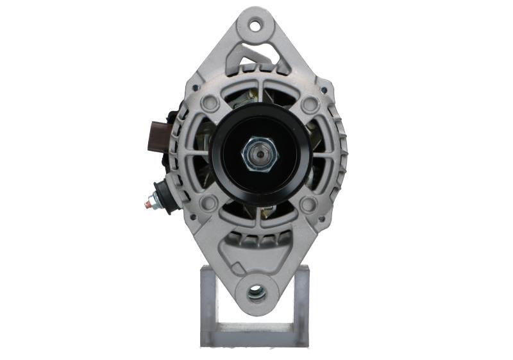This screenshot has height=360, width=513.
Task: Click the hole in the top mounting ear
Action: coord(256,26)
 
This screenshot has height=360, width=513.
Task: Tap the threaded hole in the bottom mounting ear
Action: coord(256,294)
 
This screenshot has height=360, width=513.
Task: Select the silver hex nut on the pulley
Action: coord(260,155)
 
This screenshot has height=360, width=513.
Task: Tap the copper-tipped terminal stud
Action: coord(149,205)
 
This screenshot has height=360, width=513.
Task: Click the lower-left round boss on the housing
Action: coord(208,204)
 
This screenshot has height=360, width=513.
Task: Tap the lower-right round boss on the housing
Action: coord(308,204)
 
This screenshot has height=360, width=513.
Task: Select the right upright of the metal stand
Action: coord(301,302)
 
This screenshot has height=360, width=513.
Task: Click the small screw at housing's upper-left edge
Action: coord(194,89)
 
